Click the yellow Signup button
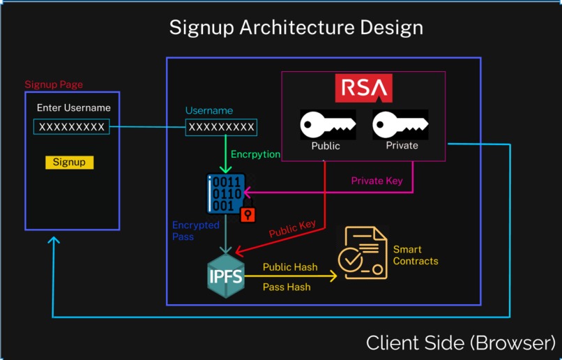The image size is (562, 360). click(69, 162)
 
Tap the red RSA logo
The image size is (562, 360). click(363, 88)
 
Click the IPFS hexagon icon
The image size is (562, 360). click(226, 276)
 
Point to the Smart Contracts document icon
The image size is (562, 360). click(361, 253)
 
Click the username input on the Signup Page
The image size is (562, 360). click(71, 127)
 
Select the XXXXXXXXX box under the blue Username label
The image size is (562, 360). click(221, 127)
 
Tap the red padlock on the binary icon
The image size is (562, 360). click(248, 214)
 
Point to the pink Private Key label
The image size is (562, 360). click(377, 181)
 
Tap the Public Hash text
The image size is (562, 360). click(290, 267)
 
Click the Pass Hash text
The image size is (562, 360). click(287, 287)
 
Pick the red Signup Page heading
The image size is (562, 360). click(54, 84)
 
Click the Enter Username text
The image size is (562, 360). click(73, 107)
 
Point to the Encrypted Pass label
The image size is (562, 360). click(195, 231)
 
